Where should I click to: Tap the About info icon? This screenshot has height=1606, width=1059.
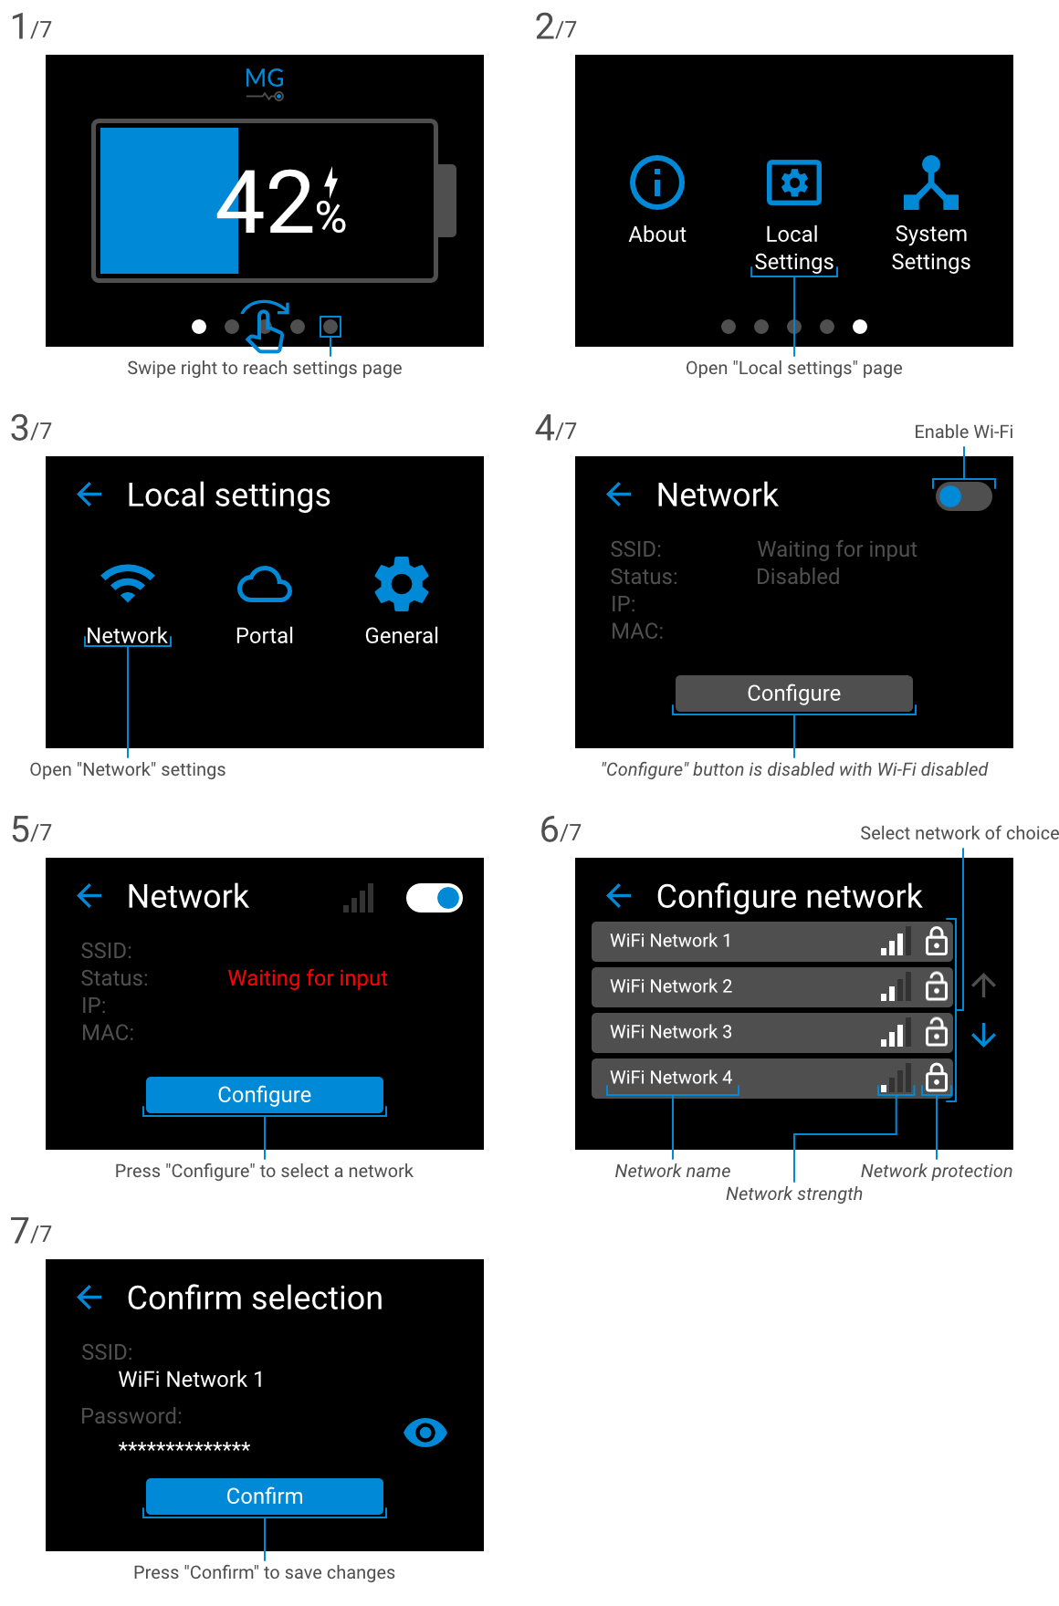(x=657, y=182)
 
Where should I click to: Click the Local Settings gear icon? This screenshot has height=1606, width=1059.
(x=793, y=182)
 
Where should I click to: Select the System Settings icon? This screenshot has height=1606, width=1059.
(x=930, y=182)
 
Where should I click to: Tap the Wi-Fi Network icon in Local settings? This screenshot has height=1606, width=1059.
(x=128, y=584)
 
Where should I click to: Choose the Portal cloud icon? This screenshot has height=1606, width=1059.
(x=265, y=585)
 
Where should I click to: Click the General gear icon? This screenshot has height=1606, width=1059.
(x=402, y=584)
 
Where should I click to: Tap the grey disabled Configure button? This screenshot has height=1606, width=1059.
(x=793, y=693)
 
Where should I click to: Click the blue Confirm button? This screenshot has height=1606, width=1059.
(x=265, y=1496)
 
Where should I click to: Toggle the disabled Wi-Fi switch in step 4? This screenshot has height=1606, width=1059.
(x=963, y=496)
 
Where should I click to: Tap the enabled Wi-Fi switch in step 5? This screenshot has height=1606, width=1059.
(x=435, y=898)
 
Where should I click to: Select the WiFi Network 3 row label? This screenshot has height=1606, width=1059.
(x=671, y=1032)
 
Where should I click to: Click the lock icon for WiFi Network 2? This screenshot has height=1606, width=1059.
(x=936, y=986)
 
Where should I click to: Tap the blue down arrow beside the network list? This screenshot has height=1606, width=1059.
(x=983, y=1035)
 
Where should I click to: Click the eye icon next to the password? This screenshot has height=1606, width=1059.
(x=425, y=1433)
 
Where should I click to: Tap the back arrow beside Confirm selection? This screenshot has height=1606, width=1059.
(x=89, y=1297)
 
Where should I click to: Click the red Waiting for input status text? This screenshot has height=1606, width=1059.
(x=308, y=978)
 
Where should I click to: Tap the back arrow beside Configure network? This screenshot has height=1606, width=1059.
(x=619, y=895)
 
